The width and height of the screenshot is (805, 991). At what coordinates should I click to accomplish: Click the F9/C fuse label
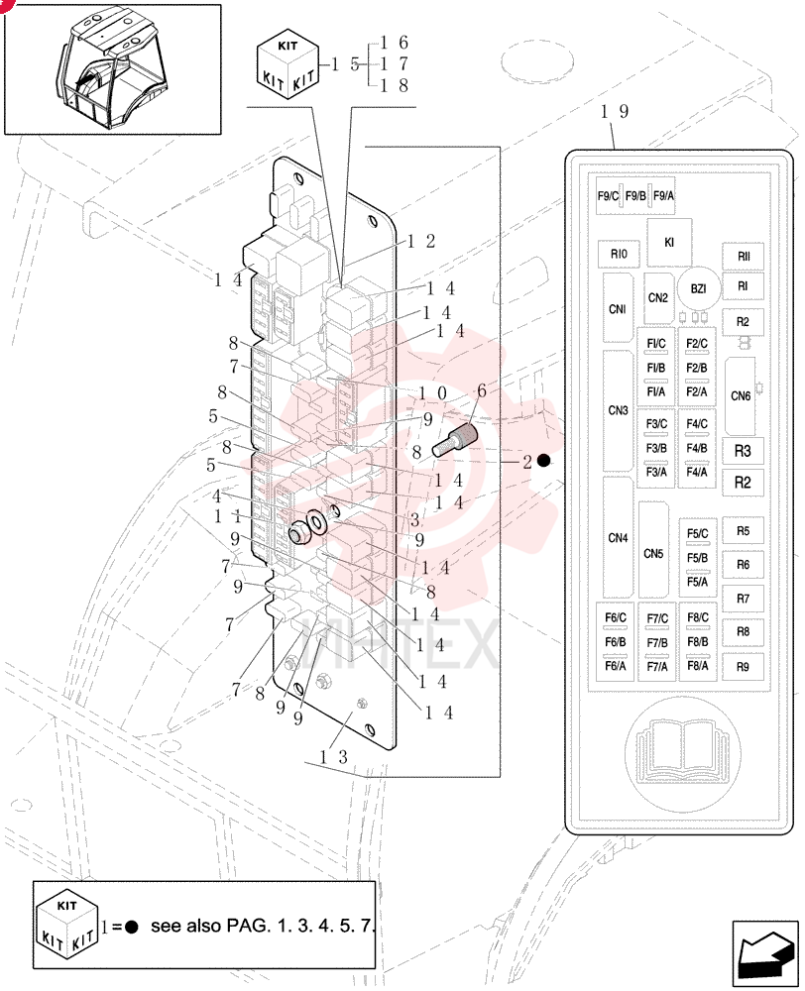click(608, 196)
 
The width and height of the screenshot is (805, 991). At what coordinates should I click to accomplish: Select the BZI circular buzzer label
click(699, 288)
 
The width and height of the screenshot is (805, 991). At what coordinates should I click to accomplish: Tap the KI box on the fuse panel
click(669, 242)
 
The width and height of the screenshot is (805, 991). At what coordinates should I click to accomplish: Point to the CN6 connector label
click(741, 396)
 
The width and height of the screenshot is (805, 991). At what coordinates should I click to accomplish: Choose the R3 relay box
click(743, 451)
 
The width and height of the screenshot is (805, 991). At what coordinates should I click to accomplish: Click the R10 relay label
click(619, 254)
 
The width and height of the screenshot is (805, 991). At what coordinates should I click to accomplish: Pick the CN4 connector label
click(618, 538)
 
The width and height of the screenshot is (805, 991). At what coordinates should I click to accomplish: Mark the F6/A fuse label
click(616, 666)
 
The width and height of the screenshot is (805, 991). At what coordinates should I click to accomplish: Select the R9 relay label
click(743, 666)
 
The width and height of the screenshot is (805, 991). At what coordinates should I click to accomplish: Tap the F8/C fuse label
click(698, 617)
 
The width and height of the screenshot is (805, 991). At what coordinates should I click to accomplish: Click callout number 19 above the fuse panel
click(614, 112)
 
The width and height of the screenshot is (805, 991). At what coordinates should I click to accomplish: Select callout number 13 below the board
click(333, 756)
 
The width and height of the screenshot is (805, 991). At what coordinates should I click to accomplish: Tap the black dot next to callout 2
click(544, 461)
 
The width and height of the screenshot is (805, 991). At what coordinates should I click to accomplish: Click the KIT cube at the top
click(287, 63)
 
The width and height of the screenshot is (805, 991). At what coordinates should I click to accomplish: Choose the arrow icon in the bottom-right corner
click(765, 953)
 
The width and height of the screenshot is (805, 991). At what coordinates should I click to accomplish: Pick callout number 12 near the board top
click(421, 242)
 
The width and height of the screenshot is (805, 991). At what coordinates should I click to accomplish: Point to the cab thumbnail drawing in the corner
click(113, 69)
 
